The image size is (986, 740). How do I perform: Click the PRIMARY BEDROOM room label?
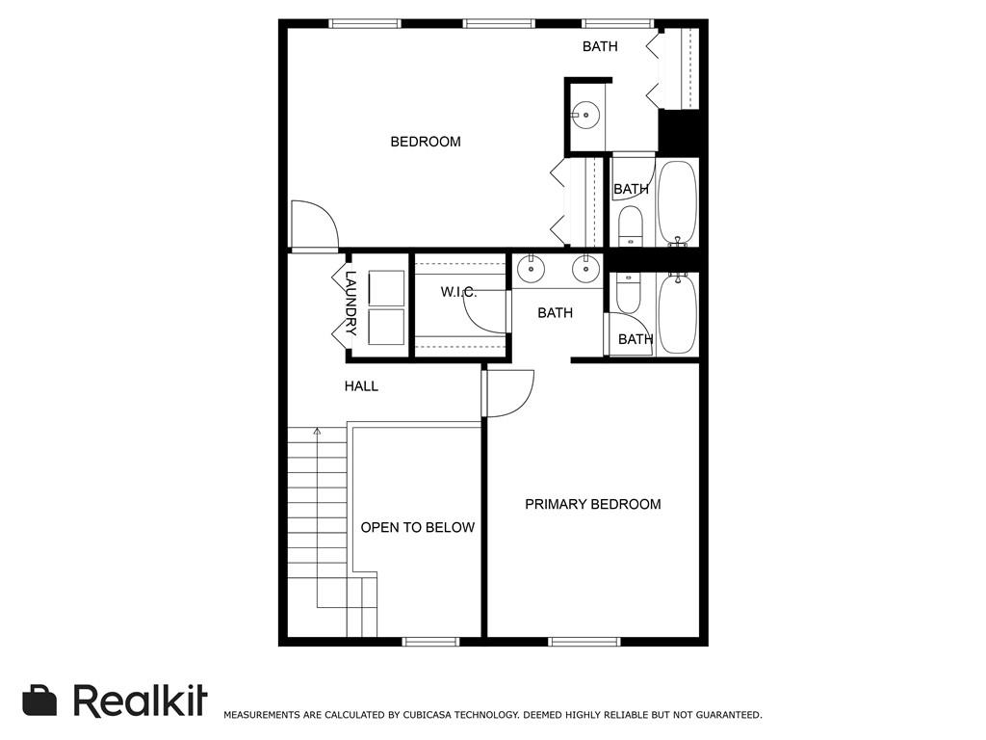(592, 504)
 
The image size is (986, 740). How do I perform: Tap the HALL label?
(361, 386)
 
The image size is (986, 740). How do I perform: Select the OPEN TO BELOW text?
(417, 527)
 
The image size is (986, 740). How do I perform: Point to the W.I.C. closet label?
(458, 291)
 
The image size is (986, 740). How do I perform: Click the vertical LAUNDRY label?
(351, 303)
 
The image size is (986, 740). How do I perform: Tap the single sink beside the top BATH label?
(584, 116)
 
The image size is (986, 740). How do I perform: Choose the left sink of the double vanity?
(530, 269)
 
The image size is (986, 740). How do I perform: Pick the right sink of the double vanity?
(584, 269)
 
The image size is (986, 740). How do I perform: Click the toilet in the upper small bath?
(630, 225)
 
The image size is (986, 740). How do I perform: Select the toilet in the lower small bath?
(628, 293)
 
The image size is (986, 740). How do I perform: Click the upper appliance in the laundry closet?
(387, 288)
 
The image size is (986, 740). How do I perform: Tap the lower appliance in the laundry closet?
(387, 327)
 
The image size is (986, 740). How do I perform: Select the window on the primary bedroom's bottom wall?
(584, 641)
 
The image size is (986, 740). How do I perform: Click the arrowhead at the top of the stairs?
(317, 432)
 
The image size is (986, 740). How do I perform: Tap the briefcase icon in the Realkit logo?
(39, 700)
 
